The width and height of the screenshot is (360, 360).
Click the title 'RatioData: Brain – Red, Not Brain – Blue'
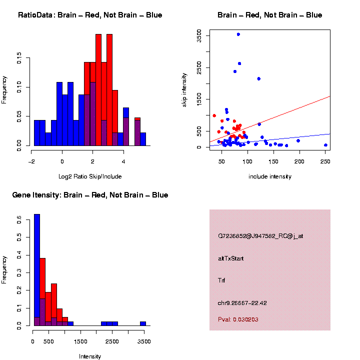click(90, 15)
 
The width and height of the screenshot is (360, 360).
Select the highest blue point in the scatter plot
click(238, 34)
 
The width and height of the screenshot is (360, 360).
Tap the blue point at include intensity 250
click(325, 145)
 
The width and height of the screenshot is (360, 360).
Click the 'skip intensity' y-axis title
click(184, 89)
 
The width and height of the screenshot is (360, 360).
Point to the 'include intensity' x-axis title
click(270, 176)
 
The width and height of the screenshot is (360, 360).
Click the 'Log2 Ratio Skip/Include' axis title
click(90, 176)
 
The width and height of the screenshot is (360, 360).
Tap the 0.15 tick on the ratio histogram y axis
click(19, 59)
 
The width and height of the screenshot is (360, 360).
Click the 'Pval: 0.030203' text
click(238, 319)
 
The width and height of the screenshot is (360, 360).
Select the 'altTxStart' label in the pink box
click(231, 258)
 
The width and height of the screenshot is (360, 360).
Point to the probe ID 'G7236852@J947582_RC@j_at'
click(260, 236)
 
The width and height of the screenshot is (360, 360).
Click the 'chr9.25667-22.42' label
click(242, 303)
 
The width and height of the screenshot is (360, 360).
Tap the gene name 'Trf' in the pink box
click(221, 280)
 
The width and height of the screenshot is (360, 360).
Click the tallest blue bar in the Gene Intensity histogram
click(37, 270)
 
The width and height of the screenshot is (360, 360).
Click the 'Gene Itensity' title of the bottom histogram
click(90, 195)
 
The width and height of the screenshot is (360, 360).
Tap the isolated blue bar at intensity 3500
click(143, 323)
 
